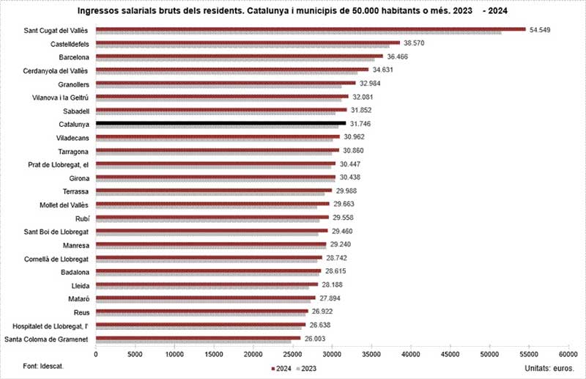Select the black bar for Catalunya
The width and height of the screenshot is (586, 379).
pos(220,123)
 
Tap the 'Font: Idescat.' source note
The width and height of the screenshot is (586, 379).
pos(43,365)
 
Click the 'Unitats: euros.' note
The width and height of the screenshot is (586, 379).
pos(549,366)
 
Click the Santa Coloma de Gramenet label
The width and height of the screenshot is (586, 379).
pos(47,339)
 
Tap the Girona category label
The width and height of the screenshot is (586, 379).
pos(77,177)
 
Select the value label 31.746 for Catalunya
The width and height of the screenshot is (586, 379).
pos(364,123)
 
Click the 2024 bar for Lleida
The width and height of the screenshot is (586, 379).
pos(207,284)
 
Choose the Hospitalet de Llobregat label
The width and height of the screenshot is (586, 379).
pos(51,325)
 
